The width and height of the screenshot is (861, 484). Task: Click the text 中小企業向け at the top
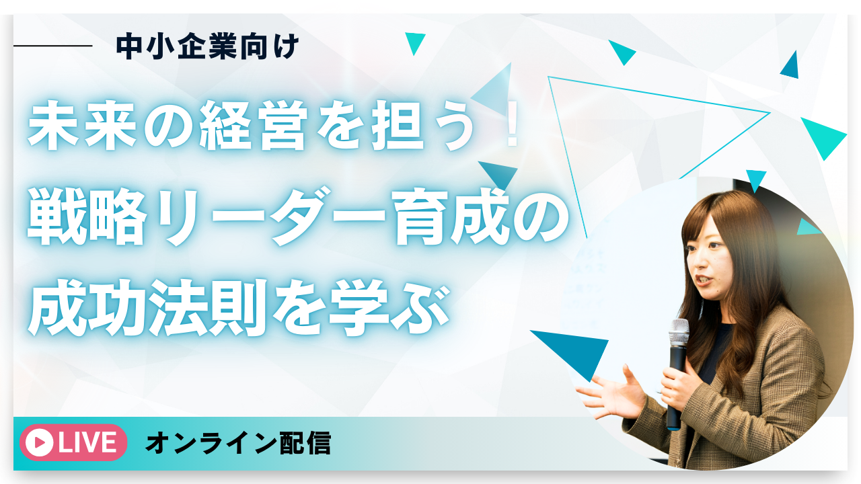coord(208,47)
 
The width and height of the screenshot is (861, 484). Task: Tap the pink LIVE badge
coord(73,442)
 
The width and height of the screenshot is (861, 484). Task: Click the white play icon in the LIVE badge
coord(39,442)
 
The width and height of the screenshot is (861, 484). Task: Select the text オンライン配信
coord(238,443)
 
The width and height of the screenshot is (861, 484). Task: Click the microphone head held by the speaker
coord(679,332)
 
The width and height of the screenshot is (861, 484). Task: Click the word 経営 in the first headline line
coord(254,125)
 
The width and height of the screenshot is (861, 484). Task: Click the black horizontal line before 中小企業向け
coord(53,46)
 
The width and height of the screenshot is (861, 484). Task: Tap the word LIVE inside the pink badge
coord(88,442)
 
